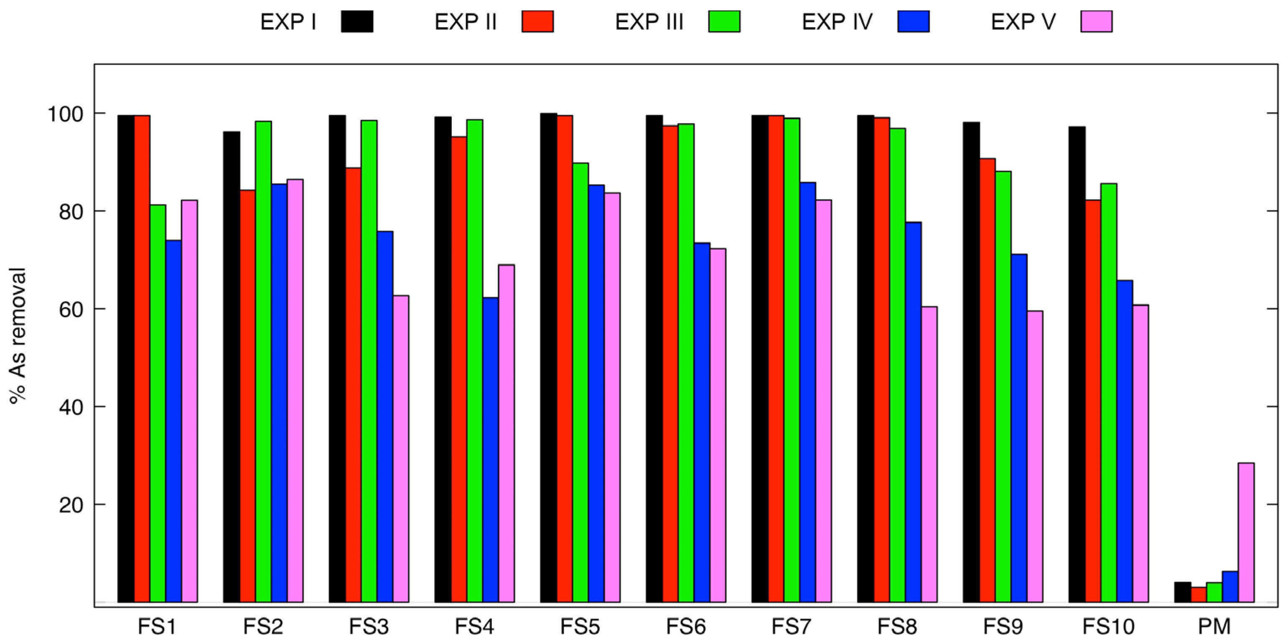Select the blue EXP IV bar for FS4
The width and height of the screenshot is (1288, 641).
tap(491, 450)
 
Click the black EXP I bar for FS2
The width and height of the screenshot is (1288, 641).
tap(232, 367)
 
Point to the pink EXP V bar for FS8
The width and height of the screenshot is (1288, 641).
tap(929, 454)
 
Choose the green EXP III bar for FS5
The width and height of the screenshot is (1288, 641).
tap(580, 382)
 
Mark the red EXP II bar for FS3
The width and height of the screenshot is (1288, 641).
tap(354, 385)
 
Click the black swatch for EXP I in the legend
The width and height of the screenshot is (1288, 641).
tap(357, 21)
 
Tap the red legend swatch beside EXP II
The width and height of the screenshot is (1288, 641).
tap(537, 21)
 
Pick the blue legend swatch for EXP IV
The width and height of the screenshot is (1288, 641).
tap(913, 21)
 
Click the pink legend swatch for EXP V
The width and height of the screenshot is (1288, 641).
tap(1096, 21)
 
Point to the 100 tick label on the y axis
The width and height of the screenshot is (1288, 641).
tap(66, 114)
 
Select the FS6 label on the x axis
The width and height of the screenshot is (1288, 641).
tap(685, 626)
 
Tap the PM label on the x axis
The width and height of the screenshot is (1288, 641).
tap(1214, 626)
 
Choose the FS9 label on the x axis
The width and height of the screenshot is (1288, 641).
tap(1003, 626)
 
